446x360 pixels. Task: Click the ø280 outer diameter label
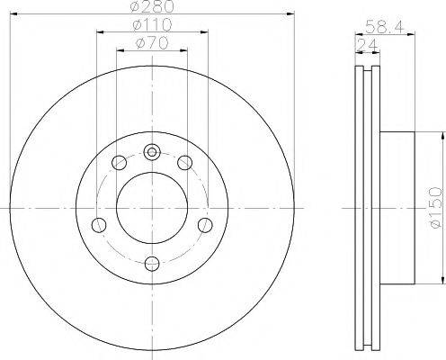(x=152, y=8)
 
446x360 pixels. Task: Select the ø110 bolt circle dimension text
(x=152, y=26)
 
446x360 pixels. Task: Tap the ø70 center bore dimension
(x=152, y=43)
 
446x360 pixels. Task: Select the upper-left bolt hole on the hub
(x=119, y=163)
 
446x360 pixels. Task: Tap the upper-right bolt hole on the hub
(x=185, y=163)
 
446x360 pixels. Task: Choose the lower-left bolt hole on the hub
(x=101, y=224)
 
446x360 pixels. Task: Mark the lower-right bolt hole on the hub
(x=204, y=224)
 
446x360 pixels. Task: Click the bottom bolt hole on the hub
(x=152, y=262)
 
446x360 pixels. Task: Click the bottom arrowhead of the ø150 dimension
(x=442, y=282)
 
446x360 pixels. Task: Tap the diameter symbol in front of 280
(x=135, y=8)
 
